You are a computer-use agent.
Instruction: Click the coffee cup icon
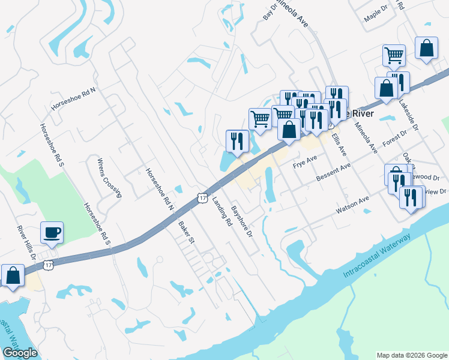pyautogui.click(x=52, y=232)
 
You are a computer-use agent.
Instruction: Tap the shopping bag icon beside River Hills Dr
pyautogui.click(x=13, y=276)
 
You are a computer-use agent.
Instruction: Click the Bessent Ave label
pyautogui.click(x=333, y=173)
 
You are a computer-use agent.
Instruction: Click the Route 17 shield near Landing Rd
pyautogui.click(x=202, y=198)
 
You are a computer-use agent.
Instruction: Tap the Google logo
pyautogui.click(x=20, y=353)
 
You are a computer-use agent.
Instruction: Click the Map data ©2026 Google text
pyautogui.click(x=411, y=355)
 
